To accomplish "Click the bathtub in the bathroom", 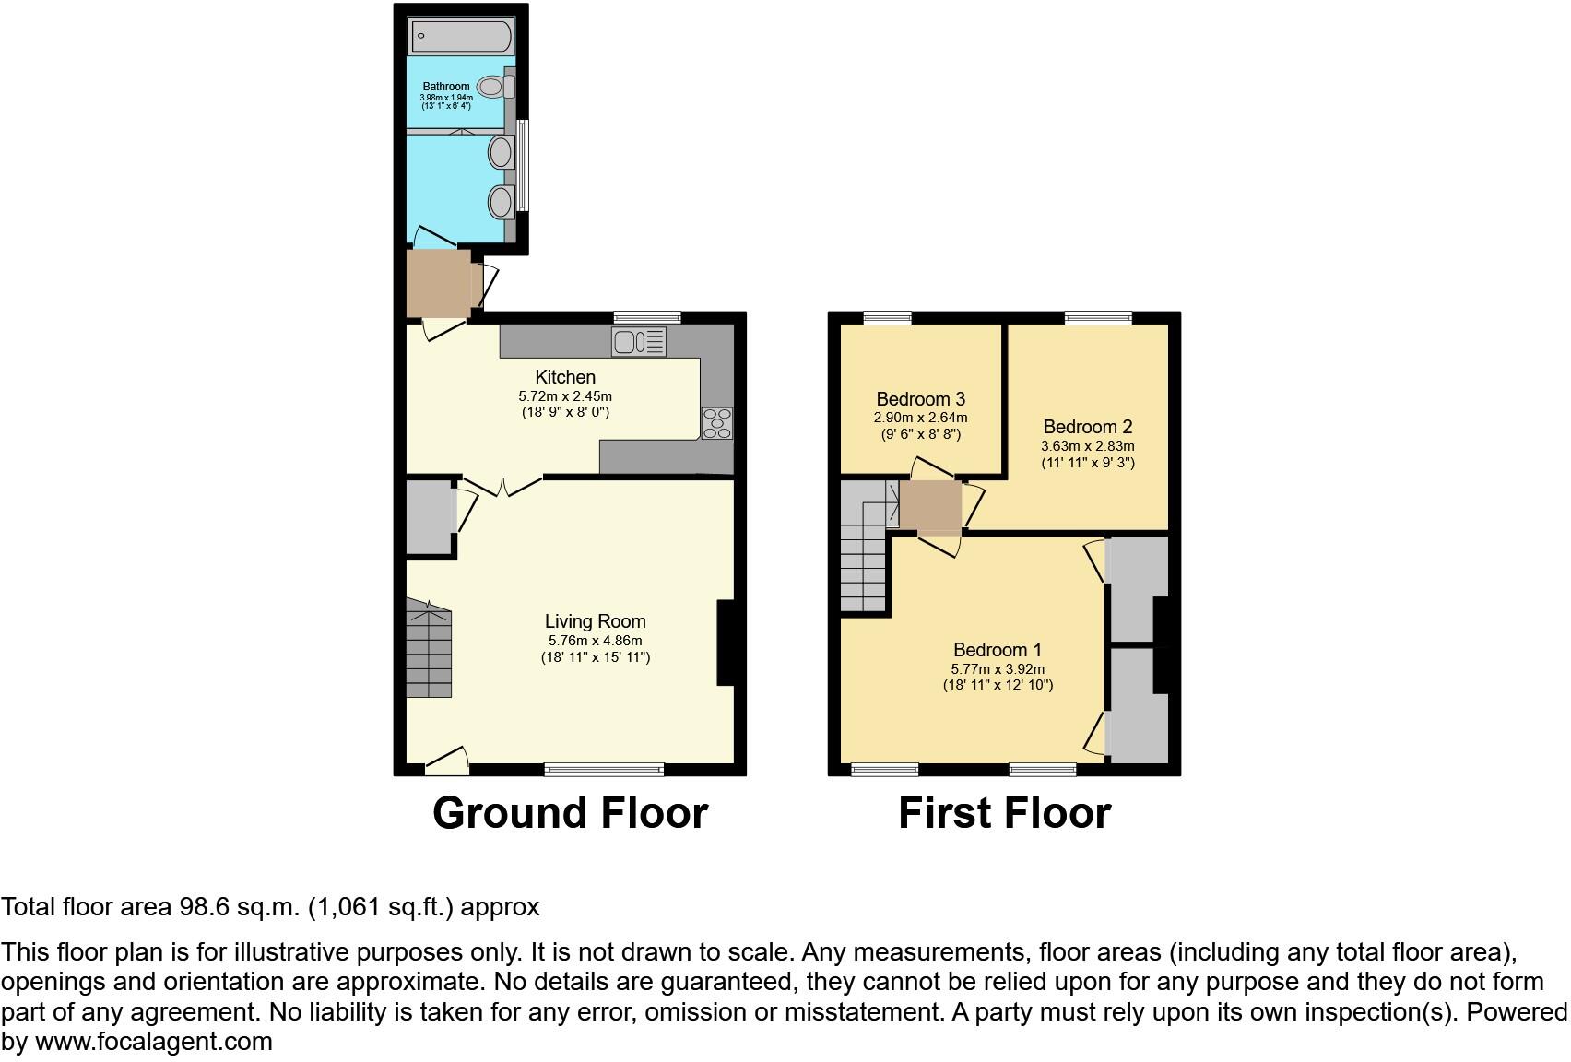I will pyautogui.click(x=460, y=37).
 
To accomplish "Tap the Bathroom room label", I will pyautogui.click(x=446, y=87).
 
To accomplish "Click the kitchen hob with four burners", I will pyautogui.click(x=717, y=423).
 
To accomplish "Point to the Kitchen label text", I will pyautogui.click(x=565, y=377).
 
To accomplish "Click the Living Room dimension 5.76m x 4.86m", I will pyautogui.click(x=595, y=641).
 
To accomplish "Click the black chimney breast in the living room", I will pyautogui.click(x=726, y=643).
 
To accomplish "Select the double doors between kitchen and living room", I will pyautogui.click(x=502, y=485).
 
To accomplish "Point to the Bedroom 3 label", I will pyautogui.click(x=920, y=399).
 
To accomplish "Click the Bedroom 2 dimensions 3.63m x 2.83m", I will pyautogui.click(x=1088, y=446).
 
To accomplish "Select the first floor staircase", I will pyautogui.click(x=863, y=553).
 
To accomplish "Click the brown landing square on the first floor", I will pyautogui.click(x=930, y=507).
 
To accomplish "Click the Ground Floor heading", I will pyautogui.click(x=570, y=813).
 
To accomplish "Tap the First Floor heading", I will pyautogui.click(x=1004, y=813).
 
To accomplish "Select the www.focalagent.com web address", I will pyautogui.click(x=154, y=1043).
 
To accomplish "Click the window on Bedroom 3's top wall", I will pyautogui.click(x=888, y=318).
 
